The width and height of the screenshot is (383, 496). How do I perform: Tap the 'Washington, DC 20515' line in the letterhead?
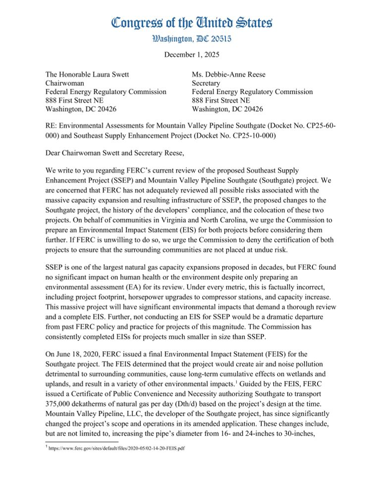(191, 38)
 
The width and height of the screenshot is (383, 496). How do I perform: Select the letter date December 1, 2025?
(191, 54)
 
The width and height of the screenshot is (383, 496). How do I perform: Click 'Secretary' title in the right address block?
(209, 83)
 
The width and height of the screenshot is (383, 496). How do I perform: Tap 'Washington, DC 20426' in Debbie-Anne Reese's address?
(227, 109)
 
